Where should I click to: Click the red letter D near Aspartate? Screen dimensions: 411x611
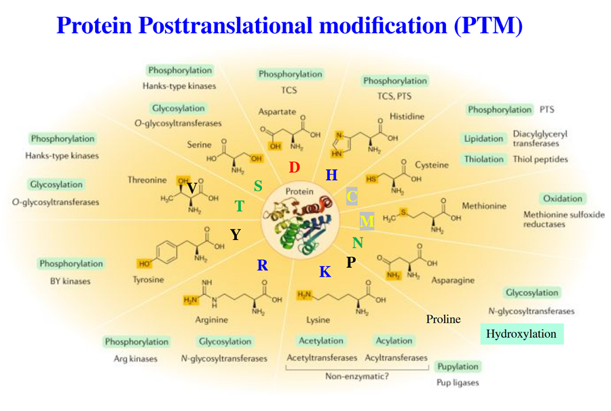coord(293,167)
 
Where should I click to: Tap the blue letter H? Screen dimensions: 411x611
coord(331,176)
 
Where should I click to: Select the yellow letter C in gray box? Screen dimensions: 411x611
coord(352,197)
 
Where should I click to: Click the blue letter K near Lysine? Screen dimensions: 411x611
coord(325,272)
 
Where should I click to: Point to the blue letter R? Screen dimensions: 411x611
coord(263,265)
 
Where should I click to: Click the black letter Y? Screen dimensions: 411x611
coord(236,235)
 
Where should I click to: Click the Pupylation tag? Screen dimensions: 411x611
coord(458,366)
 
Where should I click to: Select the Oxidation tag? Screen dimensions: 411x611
coord(562,199)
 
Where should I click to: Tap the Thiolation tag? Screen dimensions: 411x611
coord(484,159)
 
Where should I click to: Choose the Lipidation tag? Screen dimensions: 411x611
coord(484,138)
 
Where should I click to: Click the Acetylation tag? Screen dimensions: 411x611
coord(320,340)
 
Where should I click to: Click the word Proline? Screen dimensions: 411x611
coord(443,319)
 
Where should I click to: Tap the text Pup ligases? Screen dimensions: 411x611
coord(457,383)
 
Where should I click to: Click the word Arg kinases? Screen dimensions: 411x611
coord(135,358)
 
